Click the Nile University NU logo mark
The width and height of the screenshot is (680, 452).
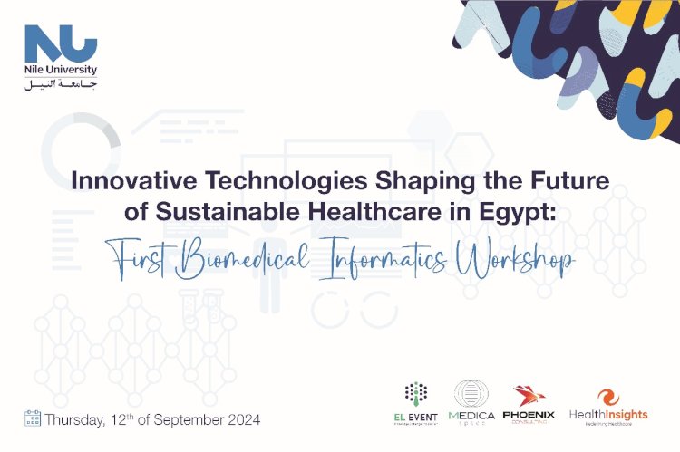pyautogui.click(x=61, y=45)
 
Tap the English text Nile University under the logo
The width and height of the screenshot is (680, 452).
pyautogui.click(x=61, y=70)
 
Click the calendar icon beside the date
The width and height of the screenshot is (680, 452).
pyautogui.click(x=33, y=419)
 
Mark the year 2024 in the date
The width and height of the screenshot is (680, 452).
pyautogui.click(x=243, y=419)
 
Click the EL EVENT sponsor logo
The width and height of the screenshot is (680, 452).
pyautogui.click(x=416, y=403)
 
